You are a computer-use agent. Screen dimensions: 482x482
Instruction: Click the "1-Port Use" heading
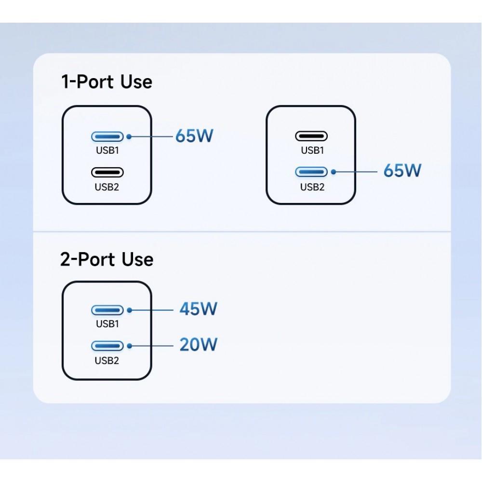click(107, 81)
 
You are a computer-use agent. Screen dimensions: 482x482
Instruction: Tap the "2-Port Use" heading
click(107, 259)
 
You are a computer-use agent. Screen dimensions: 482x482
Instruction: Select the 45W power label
click(198, 308)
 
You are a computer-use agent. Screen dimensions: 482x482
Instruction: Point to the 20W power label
click(198, 345)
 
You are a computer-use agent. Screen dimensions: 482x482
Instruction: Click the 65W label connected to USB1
click(194, 136)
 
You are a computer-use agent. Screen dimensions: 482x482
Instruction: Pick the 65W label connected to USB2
click(402, 170)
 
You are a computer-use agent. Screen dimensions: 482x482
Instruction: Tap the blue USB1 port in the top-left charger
click(107, 136)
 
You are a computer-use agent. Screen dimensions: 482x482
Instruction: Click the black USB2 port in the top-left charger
click(107, 172)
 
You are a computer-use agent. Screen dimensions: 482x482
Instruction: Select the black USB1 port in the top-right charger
click(311, 136)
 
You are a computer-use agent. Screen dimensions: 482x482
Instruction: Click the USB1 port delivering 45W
click(107, 310)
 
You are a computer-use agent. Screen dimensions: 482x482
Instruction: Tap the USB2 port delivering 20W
click(107, 346)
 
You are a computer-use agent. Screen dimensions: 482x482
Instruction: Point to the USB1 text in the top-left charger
click(107, 150)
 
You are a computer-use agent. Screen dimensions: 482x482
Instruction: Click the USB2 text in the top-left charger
click(107, 187)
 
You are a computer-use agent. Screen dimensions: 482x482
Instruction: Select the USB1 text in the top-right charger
click(312, 150)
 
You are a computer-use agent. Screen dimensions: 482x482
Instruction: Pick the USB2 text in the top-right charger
click(312, 187)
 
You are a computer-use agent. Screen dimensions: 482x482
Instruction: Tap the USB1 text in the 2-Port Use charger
click(107, 324)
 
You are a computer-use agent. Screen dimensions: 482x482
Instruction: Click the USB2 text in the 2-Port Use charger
click(107, 360)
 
